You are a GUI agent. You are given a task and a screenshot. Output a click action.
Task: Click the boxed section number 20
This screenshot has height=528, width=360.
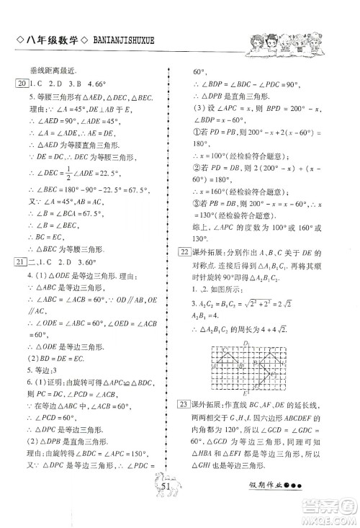(19, 84)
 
